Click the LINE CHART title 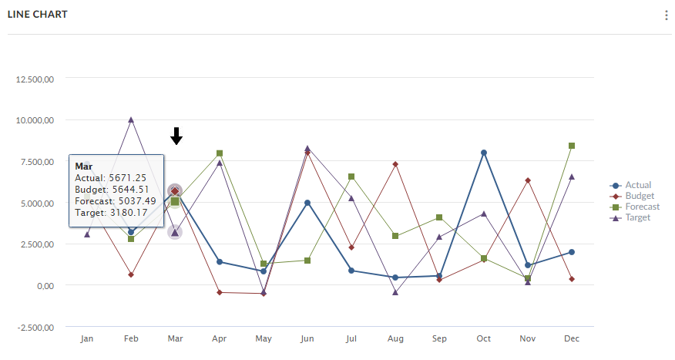pyautogui.click(x=38, y=15)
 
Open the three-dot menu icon pyautogui.click(x=666, y=15)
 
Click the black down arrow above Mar pyautogui.click(x=176, y=136)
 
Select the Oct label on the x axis pyautogui.click(x=483, y=339)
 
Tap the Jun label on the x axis pyautogui.click(x=307, y=339)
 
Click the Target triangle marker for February pyautogui.click(x=131, y=119)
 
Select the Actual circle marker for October pyautogui.click(x=484, y=153)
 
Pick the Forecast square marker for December pyautogui.click(x=572, y=146)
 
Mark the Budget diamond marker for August pyautogui.click(x=395, y=164)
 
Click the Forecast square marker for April pyautogui.click(x=220, y=153)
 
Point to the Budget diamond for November pyautogui.click(x=528, y=180)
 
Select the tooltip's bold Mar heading pyautogui.click(x=83, y=166)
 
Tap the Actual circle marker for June pyautogui.click(x=307, y=203)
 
